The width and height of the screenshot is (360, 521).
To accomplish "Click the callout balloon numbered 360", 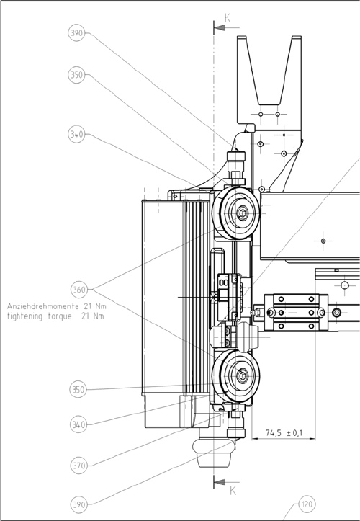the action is tap(79, 290).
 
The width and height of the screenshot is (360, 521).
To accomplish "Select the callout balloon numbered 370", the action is tap(79, 466).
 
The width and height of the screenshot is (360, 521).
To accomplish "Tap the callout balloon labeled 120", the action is tap(307, 504).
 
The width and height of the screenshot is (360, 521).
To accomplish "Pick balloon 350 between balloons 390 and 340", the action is tap(77, 75).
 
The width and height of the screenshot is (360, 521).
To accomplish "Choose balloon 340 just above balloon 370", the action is tap(78, 424).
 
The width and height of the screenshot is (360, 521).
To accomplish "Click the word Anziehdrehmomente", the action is tap(43, 306).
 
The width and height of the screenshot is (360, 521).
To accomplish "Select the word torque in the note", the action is tap(60, 316).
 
